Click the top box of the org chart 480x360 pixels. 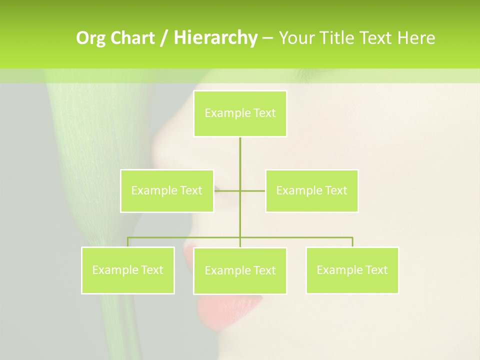pos(240,113)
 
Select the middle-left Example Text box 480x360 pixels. pos(167,190)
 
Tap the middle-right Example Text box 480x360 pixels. pos(311,190)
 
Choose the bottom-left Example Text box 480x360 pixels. pos(128,270)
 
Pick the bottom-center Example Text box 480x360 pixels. pos(240,270)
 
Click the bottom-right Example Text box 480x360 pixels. pos(352,270)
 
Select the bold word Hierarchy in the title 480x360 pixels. pos(215,38)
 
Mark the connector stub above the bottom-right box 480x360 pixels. pos(352,242)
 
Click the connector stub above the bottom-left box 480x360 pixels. pos(128,242)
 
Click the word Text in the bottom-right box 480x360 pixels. pos(376,270)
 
